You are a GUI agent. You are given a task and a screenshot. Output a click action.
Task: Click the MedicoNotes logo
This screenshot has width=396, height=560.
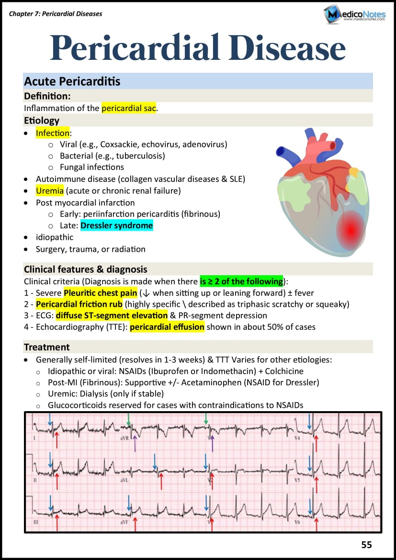pos(354,14)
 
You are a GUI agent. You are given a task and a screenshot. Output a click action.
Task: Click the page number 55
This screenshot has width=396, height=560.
pos(366,545)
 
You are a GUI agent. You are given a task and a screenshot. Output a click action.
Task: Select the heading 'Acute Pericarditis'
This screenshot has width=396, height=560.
pos(72,81)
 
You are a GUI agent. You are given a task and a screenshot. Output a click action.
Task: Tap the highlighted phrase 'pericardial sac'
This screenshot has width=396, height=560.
pos(129,108)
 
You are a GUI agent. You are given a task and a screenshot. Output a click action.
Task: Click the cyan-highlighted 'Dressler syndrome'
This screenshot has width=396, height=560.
pos(117,225)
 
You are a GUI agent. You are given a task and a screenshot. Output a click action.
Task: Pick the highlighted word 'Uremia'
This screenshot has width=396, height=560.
pos(50,190)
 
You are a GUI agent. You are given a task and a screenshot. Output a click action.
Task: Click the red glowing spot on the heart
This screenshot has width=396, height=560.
pos(350,230)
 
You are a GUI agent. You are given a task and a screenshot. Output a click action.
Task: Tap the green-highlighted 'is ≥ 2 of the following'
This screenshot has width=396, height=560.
pos(241,281)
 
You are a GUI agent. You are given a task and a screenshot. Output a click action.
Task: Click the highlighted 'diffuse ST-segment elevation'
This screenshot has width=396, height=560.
pos(112,315)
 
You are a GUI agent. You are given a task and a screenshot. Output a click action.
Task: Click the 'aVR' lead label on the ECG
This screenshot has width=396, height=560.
pos(124,437)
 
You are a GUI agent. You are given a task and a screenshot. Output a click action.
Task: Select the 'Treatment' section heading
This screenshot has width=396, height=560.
pos(47,347)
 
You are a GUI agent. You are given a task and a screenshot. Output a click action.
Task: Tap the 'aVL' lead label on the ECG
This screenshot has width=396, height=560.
pos(124,480)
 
